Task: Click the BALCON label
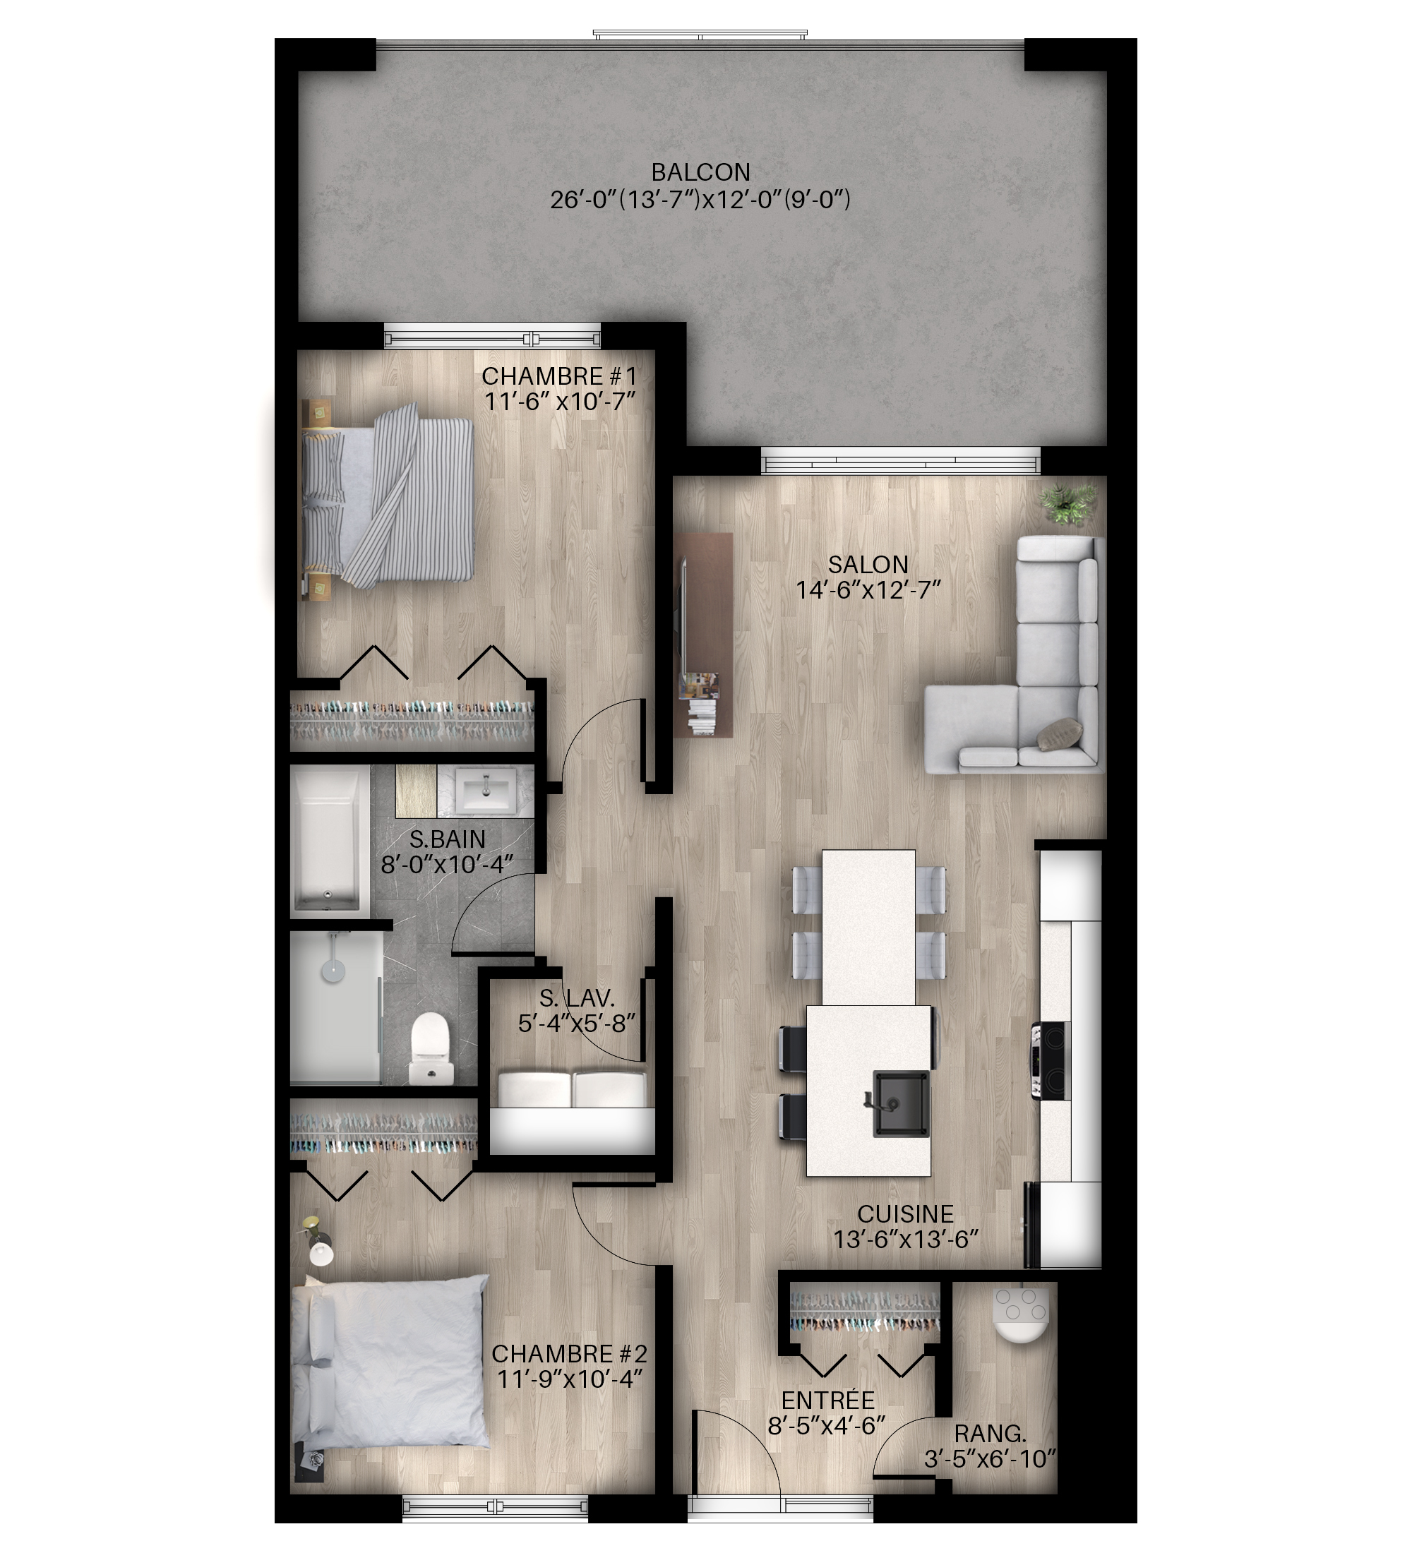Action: tap(700, 172)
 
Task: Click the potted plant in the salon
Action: tap(1067, 504)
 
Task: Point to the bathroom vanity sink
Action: tap(486, 792)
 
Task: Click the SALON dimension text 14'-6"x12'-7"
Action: tap(868, 591)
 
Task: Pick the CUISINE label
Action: tap(905, 1214)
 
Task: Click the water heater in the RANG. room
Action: tap(1021, 1314)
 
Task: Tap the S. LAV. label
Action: tap(577, 998)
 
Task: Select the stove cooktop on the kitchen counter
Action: tap(1051, 1060)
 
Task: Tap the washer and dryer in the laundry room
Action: tap(572, 1089)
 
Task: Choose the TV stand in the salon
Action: tap(704, 635)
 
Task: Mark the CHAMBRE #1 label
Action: tap(559, 376)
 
